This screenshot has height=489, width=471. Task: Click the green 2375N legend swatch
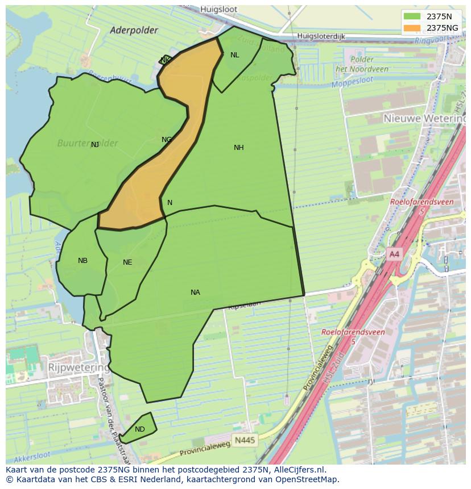[412, 16]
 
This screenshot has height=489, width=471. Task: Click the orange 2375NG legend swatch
[412, 28]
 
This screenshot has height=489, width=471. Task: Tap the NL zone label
[234, 55]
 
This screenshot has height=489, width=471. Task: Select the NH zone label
[238, 148]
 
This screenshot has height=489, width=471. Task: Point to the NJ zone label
[95, 145]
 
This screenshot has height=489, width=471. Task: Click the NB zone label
[82, 261]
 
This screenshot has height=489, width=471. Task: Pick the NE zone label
[127, 262]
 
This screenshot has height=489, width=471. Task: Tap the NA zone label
[195, 292]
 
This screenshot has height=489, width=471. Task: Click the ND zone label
[140, 429]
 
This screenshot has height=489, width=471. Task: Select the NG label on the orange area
[167, 140]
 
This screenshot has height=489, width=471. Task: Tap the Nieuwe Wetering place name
[424, 118]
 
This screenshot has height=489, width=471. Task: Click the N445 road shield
[245, 440]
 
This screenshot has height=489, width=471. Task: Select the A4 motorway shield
[394, 254]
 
